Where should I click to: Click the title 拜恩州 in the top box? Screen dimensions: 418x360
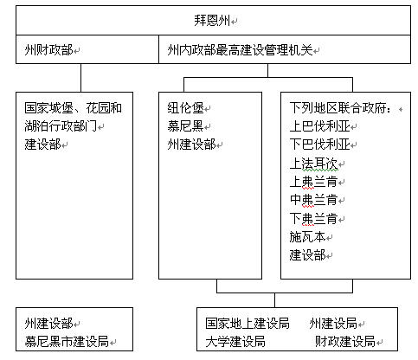(x=212, y=21)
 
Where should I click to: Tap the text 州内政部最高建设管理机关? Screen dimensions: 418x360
(x=240, y=50)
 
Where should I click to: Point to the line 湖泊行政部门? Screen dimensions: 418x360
(x=61, y=126)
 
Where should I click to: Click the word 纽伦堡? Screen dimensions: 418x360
(x=185, y=108)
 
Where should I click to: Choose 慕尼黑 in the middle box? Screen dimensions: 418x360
(x=185, y=126)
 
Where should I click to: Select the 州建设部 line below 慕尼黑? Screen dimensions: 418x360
(x=191, y=145)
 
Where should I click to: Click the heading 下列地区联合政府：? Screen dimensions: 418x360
(x=341, y=108)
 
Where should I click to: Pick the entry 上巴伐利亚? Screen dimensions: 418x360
(x=319, y=126)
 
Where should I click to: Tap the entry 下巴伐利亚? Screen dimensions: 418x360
(x=319, y=145)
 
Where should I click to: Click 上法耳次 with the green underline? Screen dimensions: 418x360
(x=313, y=164)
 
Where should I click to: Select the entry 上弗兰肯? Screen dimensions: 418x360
(x=313, y=182)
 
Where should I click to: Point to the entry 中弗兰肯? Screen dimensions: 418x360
(x=313, y=200)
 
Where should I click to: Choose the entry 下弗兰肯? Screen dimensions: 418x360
(x=313, y=218)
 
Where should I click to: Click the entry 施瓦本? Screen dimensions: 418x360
(x=307, y=237)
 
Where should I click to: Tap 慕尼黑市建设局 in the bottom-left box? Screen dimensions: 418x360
(x=67, y=342)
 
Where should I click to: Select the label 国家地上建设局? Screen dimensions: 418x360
(x=248, y=324)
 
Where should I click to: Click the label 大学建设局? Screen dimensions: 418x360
(x=235, y=342)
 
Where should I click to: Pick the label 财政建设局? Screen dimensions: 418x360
(x=345, y=342)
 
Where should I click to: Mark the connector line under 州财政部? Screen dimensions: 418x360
(x=80, y=78)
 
